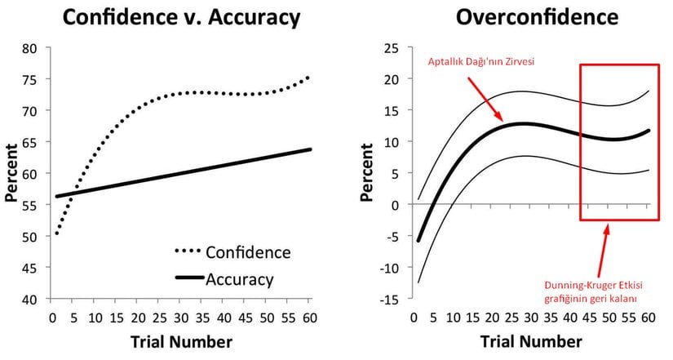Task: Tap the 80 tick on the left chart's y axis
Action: coord(29,48)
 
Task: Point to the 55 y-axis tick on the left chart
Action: coord(29,205)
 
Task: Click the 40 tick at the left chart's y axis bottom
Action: coord(29,300)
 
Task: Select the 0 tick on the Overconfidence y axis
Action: coord(395,205)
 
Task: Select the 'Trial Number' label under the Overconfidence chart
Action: coord(532,341)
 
